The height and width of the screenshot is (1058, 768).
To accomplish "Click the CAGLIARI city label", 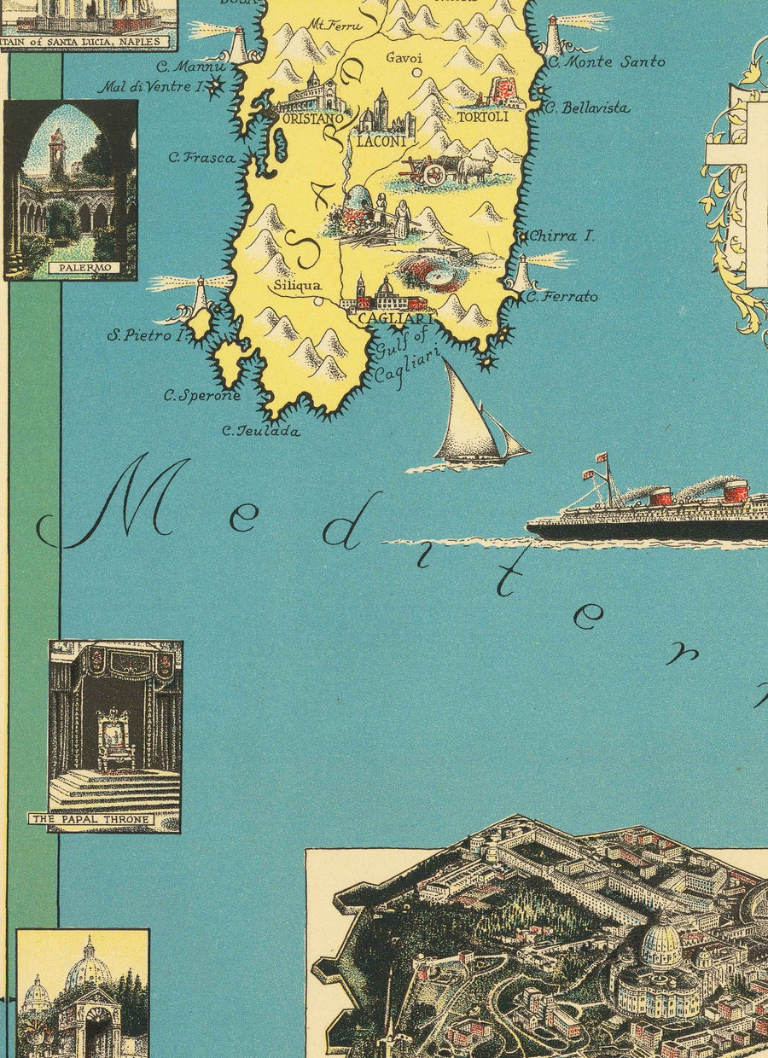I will (385, 318).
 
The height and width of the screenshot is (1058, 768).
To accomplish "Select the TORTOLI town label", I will (482, 117).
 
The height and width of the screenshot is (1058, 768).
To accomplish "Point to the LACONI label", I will (381, 142).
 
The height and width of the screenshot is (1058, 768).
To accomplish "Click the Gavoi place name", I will (403, 58).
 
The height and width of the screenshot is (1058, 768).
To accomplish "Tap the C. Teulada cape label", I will (261, 432).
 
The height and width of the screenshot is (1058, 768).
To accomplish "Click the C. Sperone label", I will (203, 396).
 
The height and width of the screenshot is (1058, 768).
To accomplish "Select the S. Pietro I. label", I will (146, 336).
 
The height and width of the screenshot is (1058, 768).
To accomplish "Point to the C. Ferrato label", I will (561, 298).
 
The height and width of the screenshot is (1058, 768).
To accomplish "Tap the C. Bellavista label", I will (586, 108).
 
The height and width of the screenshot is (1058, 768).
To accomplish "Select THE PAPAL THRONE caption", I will (91, 820).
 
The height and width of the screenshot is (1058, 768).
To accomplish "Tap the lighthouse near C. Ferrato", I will (521, 275).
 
